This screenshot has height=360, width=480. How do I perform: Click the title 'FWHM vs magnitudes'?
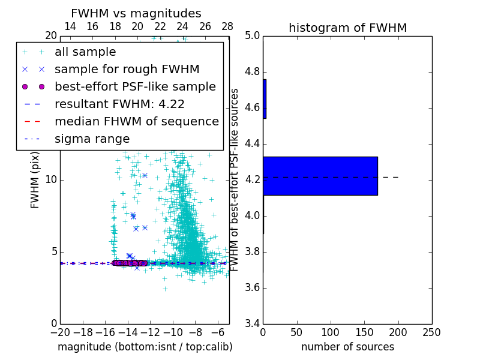pyautogui.click(x=136, y=13)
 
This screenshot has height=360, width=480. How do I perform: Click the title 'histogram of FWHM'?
pyautogui.click(x=347, y=28)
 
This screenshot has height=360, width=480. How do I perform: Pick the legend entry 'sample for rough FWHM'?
pyautogui.click(x=127, y=69)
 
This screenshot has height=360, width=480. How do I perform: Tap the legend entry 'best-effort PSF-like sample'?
pyautogui.click(x=135, y=86)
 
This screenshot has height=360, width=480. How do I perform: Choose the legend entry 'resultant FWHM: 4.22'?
pyautogui.click(x=119, y=104)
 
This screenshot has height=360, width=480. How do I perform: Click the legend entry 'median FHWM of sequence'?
pyautogui.click(x=136, y=121)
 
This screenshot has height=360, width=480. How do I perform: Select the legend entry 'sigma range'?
pyautogui.click(x=92, y=139)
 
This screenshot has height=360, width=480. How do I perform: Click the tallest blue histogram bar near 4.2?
pyautogui.click(x=320, y=176)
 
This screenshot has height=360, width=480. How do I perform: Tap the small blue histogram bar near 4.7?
pyautogui.click(x=265, y=99)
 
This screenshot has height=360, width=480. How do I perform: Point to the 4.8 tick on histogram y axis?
pyautogui.click(x=252, y=72)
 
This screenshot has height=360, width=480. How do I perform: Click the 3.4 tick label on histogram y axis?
pyautogui.click(x=252, y=323)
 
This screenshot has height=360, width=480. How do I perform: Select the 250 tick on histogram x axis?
pyautogui.click(x=431, y=332)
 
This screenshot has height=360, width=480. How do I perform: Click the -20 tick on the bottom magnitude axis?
pyautogui.click(x=60, y=332)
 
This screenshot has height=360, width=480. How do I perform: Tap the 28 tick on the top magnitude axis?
pyautogui.click(x=227, y=26)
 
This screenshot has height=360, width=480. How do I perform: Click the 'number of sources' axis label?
pyautogui.click(x=347, y=347)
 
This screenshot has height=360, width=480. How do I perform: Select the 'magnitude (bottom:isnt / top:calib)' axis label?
pyautogui.click(x=145, y=347)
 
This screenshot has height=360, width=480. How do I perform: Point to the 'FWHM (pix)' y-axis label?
pyautogui.click(x=35, y=179)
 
